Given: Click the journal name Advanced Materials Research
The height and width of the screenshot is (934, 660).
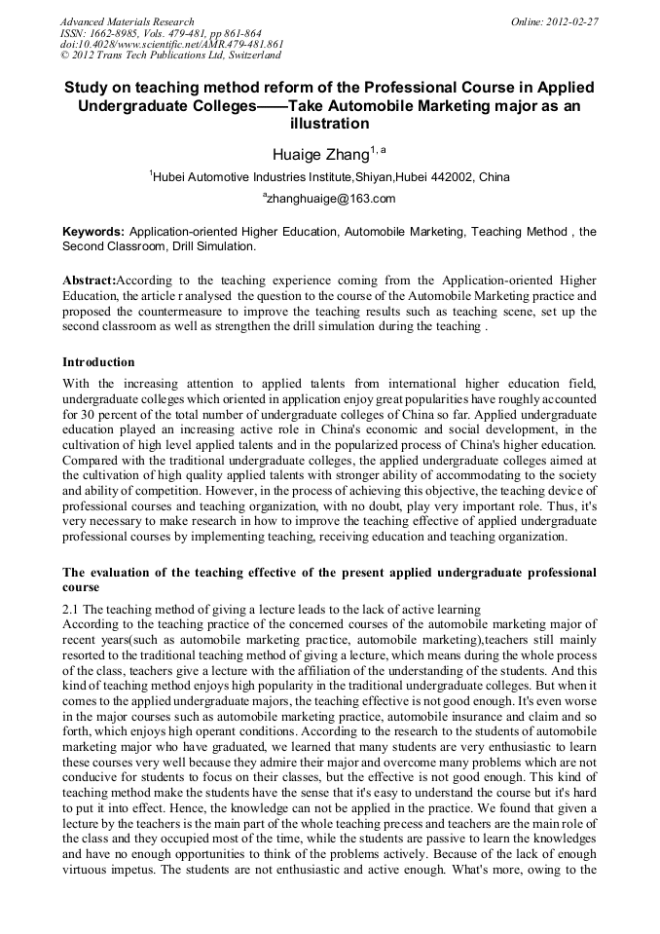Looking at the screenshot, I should click(x=127, y=21).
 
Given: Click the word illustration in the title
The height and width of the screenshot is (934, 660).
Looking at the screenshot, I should click(x=330, y=125).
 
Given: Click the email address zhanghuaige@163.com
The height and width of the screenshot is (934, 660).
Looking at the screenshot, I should click(x=331, y=199).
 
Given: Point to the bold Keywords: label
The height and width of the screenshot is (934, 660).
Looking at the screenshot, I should click(x=93, y=232).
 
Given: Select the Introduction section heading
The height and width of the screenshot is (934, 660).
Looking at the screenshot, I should click(x=98, y=362).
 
